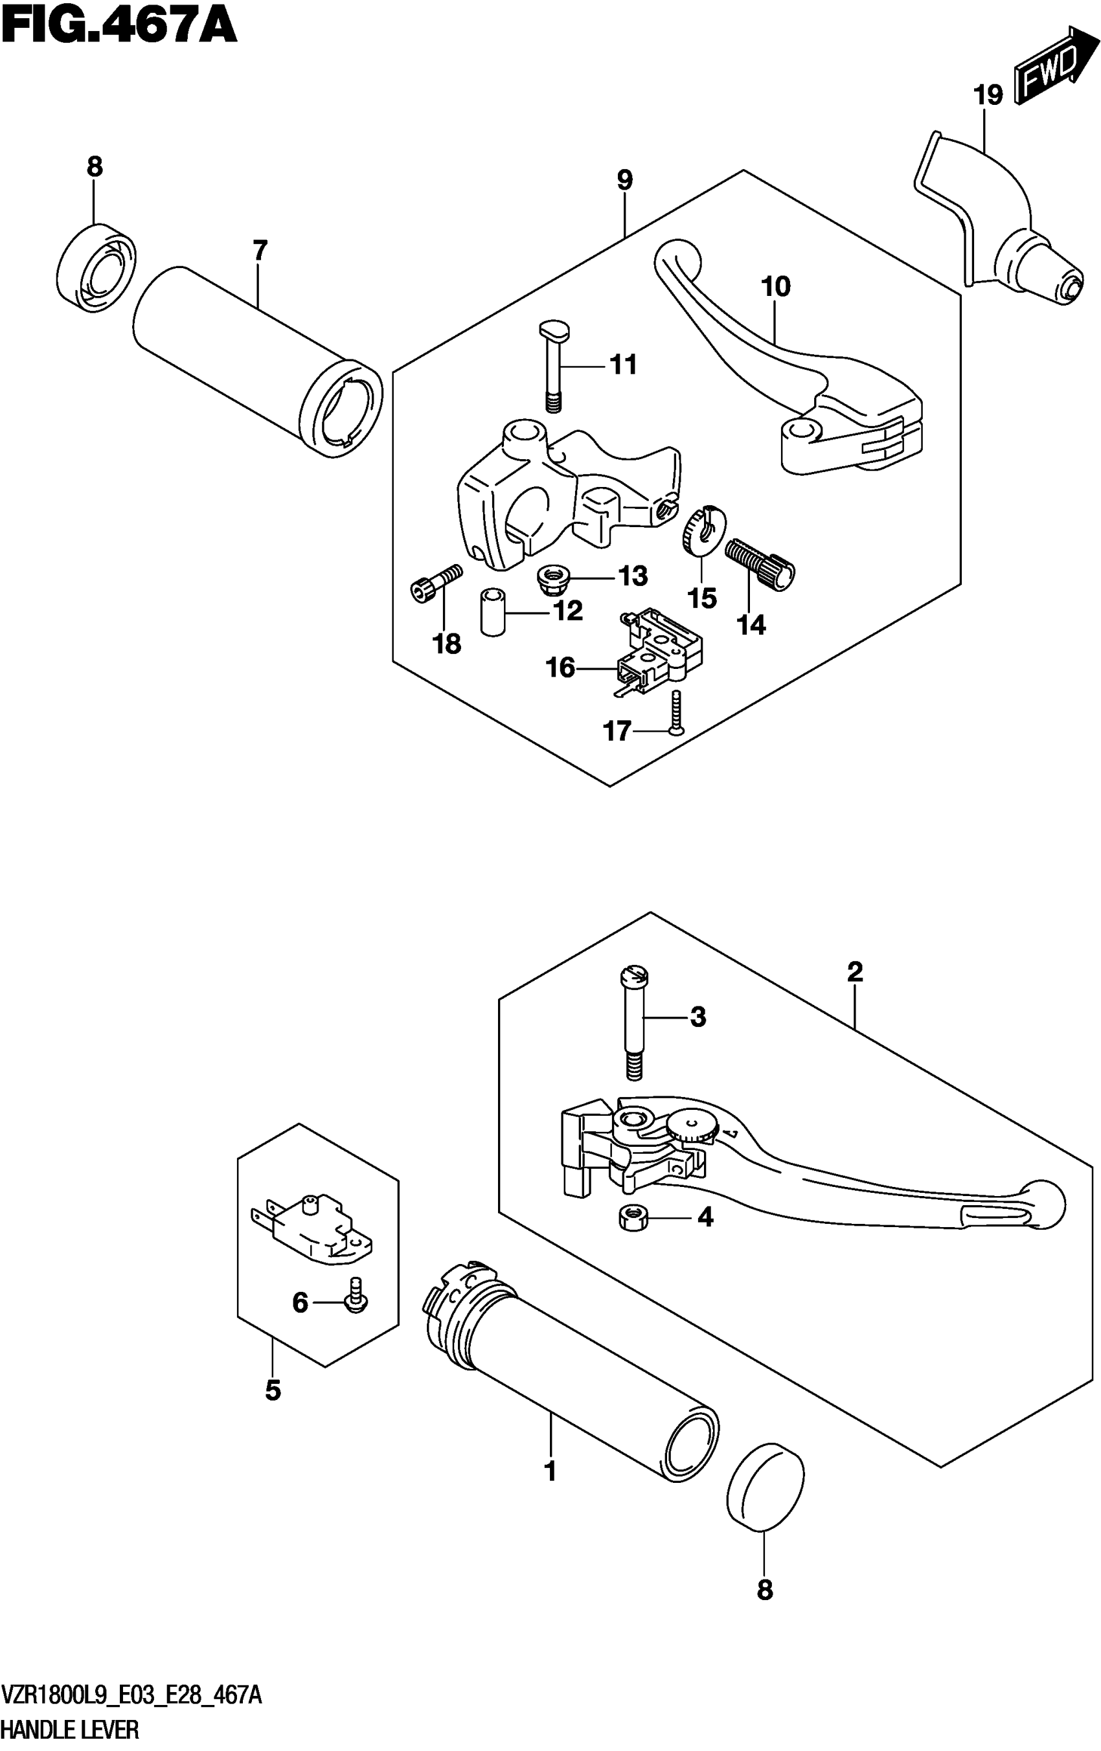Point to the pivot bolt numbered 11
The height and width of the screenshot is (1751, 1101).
(552, 363)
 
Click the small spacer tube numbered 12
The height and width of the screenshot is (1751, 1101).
(492, 613)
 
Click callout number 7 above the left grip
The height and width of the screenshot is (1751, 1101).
(260, 251)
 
